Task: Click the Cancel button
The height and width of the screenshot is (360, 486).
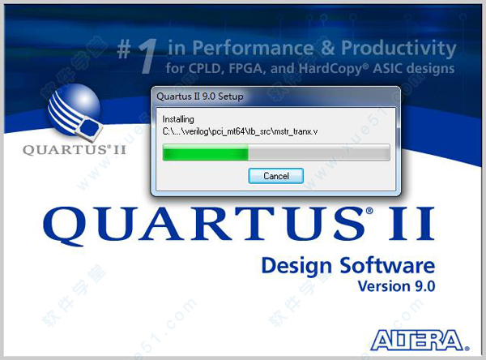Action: [276, 176]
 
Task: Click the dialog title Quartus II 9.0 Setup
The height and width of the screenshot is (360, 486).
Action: [200, 96]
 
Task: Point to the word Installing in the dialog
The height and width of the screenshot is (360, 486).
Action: [178, 119]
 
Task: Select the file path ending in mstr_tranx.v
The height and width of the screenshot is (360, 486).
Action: [241, 131]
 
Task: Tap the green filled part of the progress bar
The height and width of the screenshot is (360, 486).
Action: [206, 152]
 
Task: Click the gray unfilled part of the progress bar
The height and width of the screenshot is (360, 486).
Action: [319, 152]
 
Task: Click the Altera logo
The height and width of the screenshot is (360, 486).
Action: [420, 341]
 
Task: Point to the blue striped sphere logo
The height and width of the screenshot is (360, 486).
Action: [75, 110]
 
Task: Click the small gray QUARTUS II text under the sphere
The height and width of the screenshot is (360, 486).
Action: [75, 150]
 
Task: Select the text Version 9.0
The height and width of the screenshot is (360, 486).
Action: [396, 286]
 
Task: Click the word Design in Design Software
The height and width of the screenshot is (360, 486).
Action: [296, 266]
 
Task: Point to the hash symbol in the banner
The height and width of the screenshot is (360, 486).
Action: [124, 49]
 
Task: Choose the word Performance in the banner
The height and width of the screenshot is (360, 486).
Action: [253, 48]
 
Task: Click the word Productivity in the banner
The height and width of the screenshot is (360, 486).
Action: [399, 49]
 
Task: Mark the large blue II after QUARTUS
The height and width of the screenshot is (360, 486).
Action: [412, 224]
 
